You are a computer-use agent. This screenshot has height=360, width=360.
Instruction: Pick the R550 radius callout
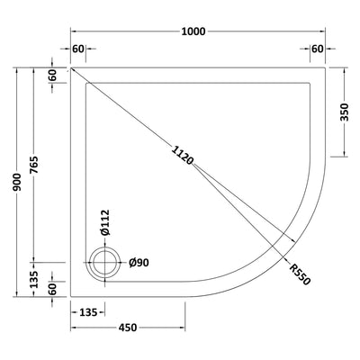(x=300, y=274)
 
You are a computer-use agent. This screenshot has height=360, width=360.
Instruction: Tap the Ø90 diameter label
(x=138, y=262)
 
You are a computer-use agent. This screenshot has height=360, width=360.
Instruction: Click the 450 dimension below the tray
(x=127, y=328)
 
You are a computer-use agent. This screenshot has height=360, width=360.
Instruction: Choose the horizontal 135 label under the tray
(x=87, y=312)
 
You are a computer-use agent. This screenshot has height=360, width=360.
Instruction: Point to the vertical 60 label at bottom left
(x=54, y=287)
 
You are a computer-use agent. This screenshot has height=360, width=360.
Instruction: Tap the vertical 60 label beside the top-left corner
(x=54, y=76)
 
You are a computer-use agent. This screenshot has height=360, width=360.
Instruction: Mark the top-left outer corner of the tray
(x=72, y=67)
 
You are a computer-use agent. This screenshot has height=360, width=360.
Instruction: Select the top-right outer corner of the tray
(x=326, y=67)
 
